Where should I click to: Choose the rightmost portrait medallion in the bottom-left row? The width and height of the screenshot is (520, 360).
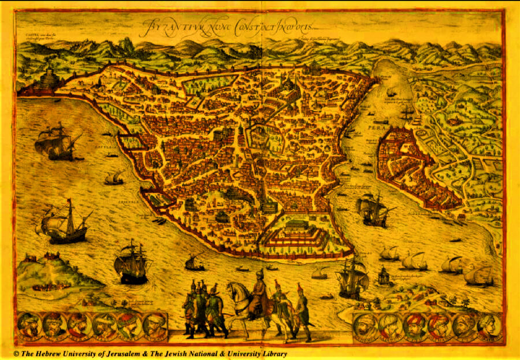click(x=153, y=328)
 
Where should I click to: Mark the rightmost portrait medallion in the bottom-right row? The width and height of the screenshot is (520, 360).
click(x=488, y=327)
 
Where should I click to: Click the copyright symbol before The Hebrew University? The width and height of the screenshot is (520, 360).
click(x=17, y=354)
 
